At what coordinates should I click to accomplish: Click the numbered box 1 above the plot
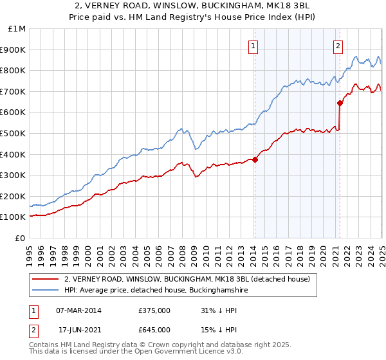pos(253,46)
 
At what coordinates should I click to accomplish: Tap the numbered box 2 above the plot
pos(338,46)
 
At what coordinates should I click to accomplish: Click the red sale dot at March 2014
pos(255,159)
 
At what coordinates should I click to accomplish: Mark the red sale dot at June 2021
pos(340,103)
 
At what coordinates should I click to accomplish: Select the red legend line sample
pos(45,279)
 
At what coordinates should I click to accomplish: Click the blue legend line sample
pos(45,290)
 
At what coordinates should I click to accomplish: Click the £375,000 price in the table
pos(154,310)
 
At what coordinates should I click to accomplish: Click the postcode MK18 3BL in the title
pos(284,5)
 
